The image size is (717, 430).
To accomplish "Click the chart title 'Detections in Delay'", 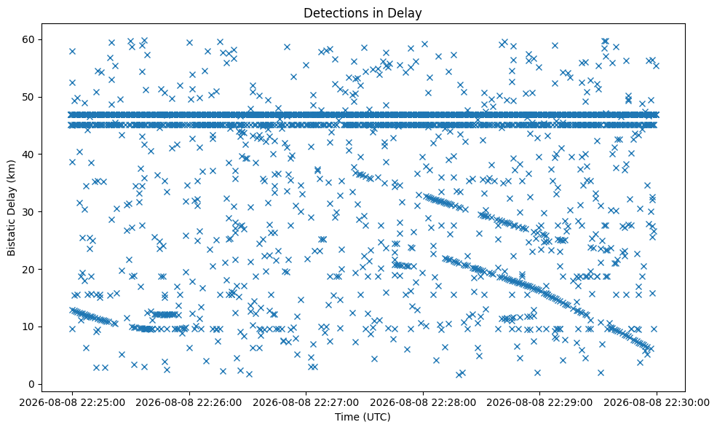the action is click(x=363, y=13).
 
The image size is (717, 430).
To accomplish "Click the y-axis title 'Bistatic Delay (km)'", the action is click(x=12, y=208).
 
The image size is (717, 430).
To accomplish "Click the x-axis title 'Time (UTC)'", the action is click(x=363, y=417).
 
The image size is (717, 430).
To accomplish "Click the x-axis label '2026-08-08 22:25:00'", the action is click(x=72, y=403).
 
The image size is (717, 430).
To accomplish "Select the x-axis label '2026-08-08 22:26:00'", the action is click(x=189, y=403).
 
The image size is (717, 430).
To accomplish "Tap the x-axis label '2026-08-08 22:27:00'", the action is click(x=306, y=403).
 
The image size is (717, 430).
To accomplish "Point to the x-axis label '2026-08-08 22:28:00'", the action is click(x=423, y=403).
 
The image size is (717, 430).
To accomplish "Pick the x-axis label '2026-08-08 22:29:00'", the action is click(x=540, y=403).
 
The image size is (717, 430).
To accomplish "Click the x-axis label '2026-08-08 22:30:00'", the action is click(x=657, y=403).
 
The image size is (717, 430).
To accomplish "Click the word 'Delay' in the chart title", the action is click(x=405, y=13).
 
